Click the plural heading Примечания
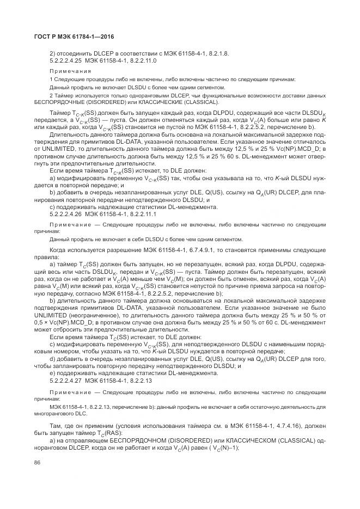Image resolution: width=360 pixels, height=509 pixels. [67, 71]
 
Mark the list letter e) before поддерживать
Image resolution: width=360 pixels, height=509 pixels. [52, 373]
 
